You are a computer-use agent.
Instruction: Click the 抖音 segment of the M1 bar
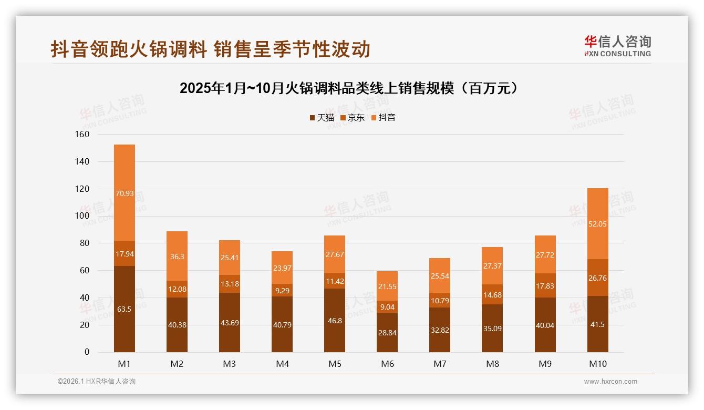(x=125, y=193)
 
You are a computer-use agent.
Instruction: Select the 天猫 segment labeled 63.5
(x=125, y=309)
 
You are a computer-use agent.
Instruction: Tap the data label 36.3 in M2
(x=177, y=257)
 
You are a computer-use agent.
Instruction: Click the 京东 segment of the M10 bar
(x=598, y=278)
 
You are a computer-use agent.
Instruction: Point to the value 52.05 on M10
(x=598, y=223)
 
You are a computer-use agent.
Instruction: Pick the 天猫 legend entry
(x=322, y=118)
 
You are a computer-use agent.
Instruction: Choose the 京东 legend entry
(x=353, y=118)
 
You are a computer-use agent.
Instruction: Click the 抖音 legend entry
(x=383, y=118)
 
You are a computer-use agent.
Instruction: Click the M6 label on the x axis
(x=387, y=364)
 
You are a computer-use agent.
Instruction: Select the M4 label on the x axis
(x=282, y=364)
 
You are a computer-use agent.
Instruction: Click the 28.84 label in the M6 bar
(x=387, y=333)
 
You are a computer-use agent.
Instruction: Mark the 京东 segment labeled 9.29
(x=282, y=290)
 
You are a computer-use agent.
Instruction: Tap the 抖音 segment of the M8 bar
(x=492, y=266)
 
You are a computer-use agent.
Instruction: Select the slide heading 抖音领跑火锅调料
(x=211, y=49)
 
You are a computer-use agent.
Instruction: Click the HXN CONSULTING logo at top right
(x=617, y=46)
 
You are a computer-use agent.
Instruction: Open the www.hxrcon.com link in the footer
(x=610, y=382)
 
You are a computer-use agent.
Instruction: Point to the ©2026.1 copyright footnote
(x=97, y=382)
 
